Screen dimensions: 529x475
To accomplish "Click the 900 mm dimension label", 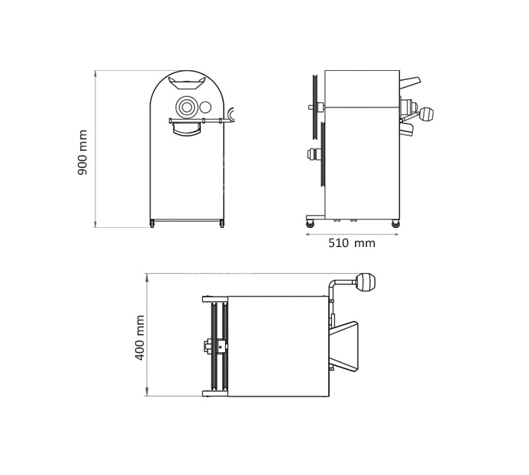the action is click(x=82, y=152).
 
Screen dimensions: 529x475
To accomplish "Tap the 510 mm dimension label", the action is click(x=352, y=243).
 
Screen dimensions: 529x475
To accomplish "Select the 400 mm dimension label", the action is click(x=140, y=338).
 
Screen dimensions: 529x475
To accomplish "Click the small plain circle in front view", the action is click(x=205, y=108).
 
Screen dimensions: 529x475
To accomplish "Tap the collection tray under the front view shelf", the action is click(x=186, y=130).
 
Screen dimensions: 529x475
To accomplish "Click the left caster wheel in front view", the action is click(x=152, y=223).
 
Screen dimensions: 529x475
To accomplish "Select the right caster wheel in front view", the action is click(x=221, y=223).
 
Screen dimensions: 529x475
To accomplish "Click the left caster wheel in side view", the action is click(x=310, y=223).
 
